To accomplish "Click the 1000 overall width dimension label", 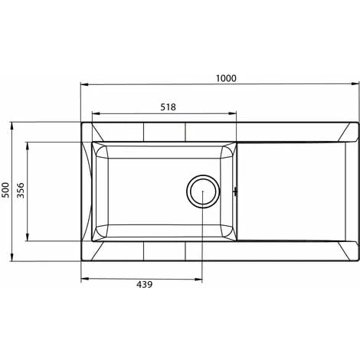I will click(x=226, y=77).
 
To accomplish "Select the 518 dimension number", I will click(x=169, y=107).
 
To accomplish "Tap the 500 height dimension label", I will click(x=6, y=191).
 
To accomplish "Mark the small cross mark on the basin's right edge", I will click(x=235, y=191).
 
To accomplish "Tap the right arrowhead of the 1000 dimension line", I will click(x=355, y=86).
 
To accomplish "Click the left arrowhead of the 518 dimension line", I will click(x=94, y=116).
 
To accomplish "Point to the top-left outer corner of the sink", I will click(x=81, y=121).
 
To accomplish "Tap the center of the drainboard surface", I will click(x=295, y=191).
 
